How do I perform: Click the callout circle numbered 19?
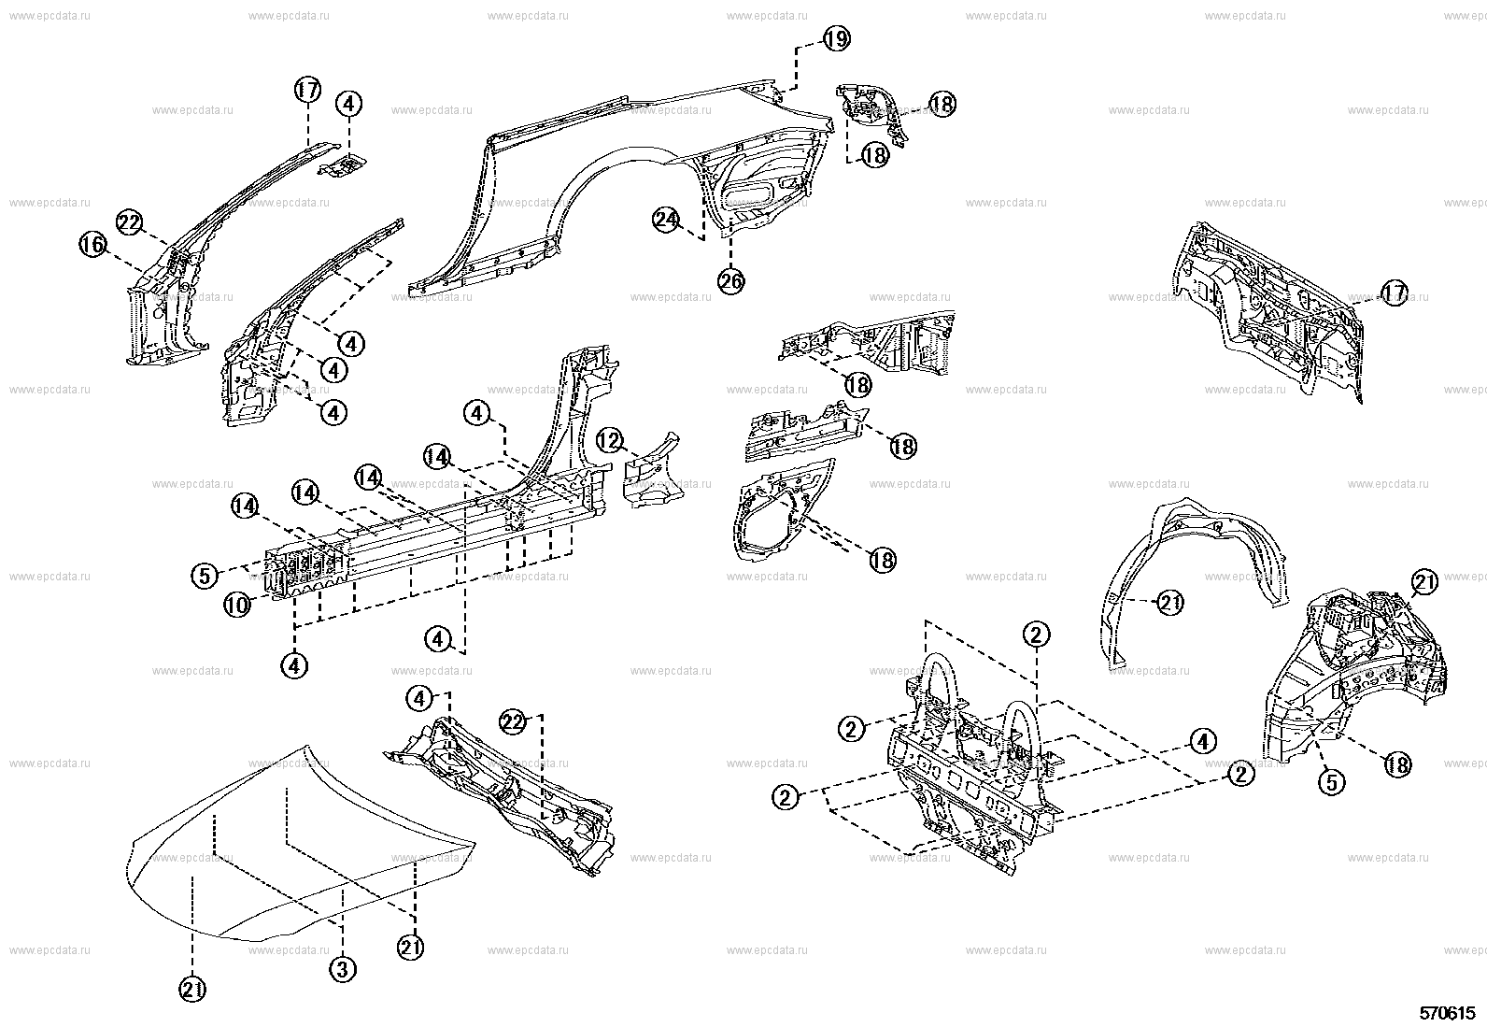pos(835,38)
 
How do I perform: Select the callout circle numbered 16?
pos(92,246)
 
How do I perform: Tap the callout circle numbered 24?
pos(665,220)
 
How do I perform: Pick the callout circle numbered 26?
pos(731,280)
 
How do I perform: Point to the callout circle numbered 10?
pos(236,606)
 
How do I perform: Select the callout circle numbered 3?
pos(342,970)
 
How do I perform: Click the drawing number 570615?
pos(1447,1012)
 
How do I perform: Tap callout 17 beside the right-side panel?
pos(1394,293)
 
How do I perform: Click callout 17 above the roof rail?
pos(307,91)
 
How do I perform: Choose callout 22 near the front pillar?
pos(129,222)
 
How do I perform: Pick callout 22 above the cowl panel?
pos(512,721)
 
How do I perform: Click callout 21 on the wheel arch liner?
pos(1169,603)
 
